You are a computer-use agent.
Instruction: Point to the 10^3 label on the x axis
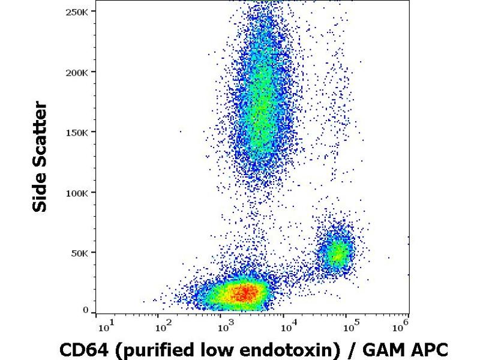tap(224, 327)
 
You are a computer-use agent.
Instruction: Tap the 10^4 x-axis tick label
tap(286, 327)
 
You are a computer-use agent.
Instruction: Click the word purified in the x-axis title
tap(148, 350)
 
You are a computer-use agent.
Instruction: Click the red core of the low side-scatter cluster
tap(244, 293)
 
